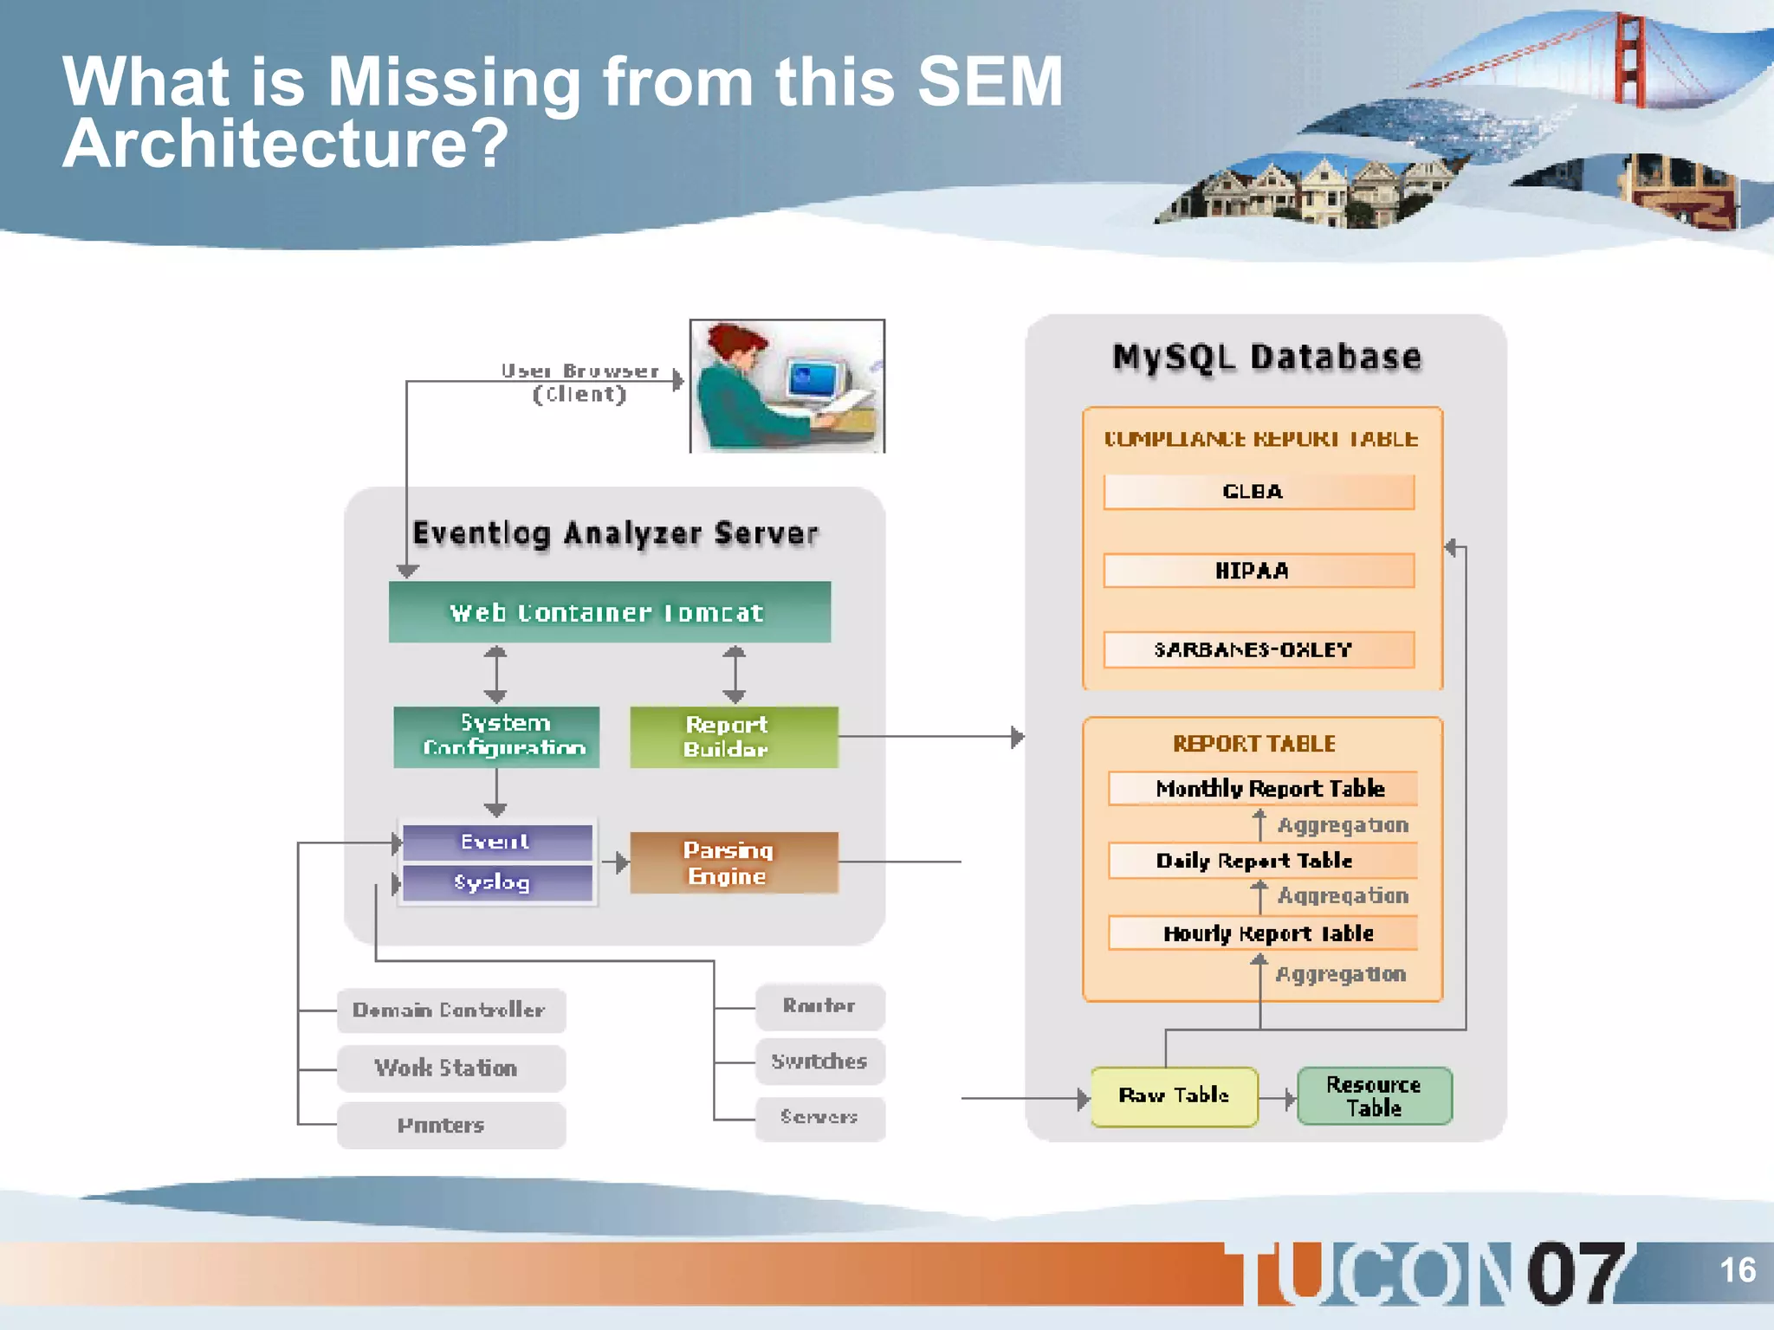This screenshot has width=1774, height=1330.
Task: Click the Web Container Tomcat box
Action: pos(609,612)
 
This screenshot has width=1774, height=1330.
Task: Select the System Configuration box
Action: pos(496,736)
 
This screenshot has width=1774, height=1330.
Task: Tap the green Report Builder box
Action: pos(734,736)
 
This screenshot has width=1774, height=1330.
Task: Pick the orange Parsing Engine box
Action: pos(734,862)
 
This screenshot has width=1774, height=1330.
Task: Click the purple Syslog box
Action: pos(497,882)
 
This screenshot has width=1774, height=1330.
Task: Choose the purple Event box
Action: pos(497,842)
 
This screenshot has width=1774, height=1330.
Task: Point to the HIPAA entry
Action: pos(1259,571)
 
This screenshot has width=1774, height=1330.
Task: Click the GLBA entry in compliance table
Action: pos(1259,492)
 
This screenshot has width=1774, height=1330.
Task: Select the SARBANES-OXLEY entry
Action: pos(1259,649)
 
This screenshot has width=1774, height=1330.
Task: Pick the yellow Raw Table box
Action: pos(1174,1096)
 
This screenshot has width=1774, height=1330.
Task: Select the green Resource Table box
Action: pos(1374,1096)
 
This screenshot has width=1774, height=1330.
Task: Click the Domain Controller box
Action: pos(450,1010)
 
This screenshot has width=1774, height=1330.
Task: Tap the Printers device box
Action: pos(450,1125)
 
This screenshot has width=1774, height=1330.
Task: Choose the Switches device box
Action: pos(819,1062)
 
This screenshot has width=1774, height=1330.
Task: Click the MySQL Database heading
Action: pos(1266,357)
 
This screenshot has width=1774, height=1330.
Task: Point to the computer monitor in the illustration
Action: pos(814,378)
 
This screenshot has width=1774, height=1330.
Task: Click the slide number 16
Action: pos(1737,1270)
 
